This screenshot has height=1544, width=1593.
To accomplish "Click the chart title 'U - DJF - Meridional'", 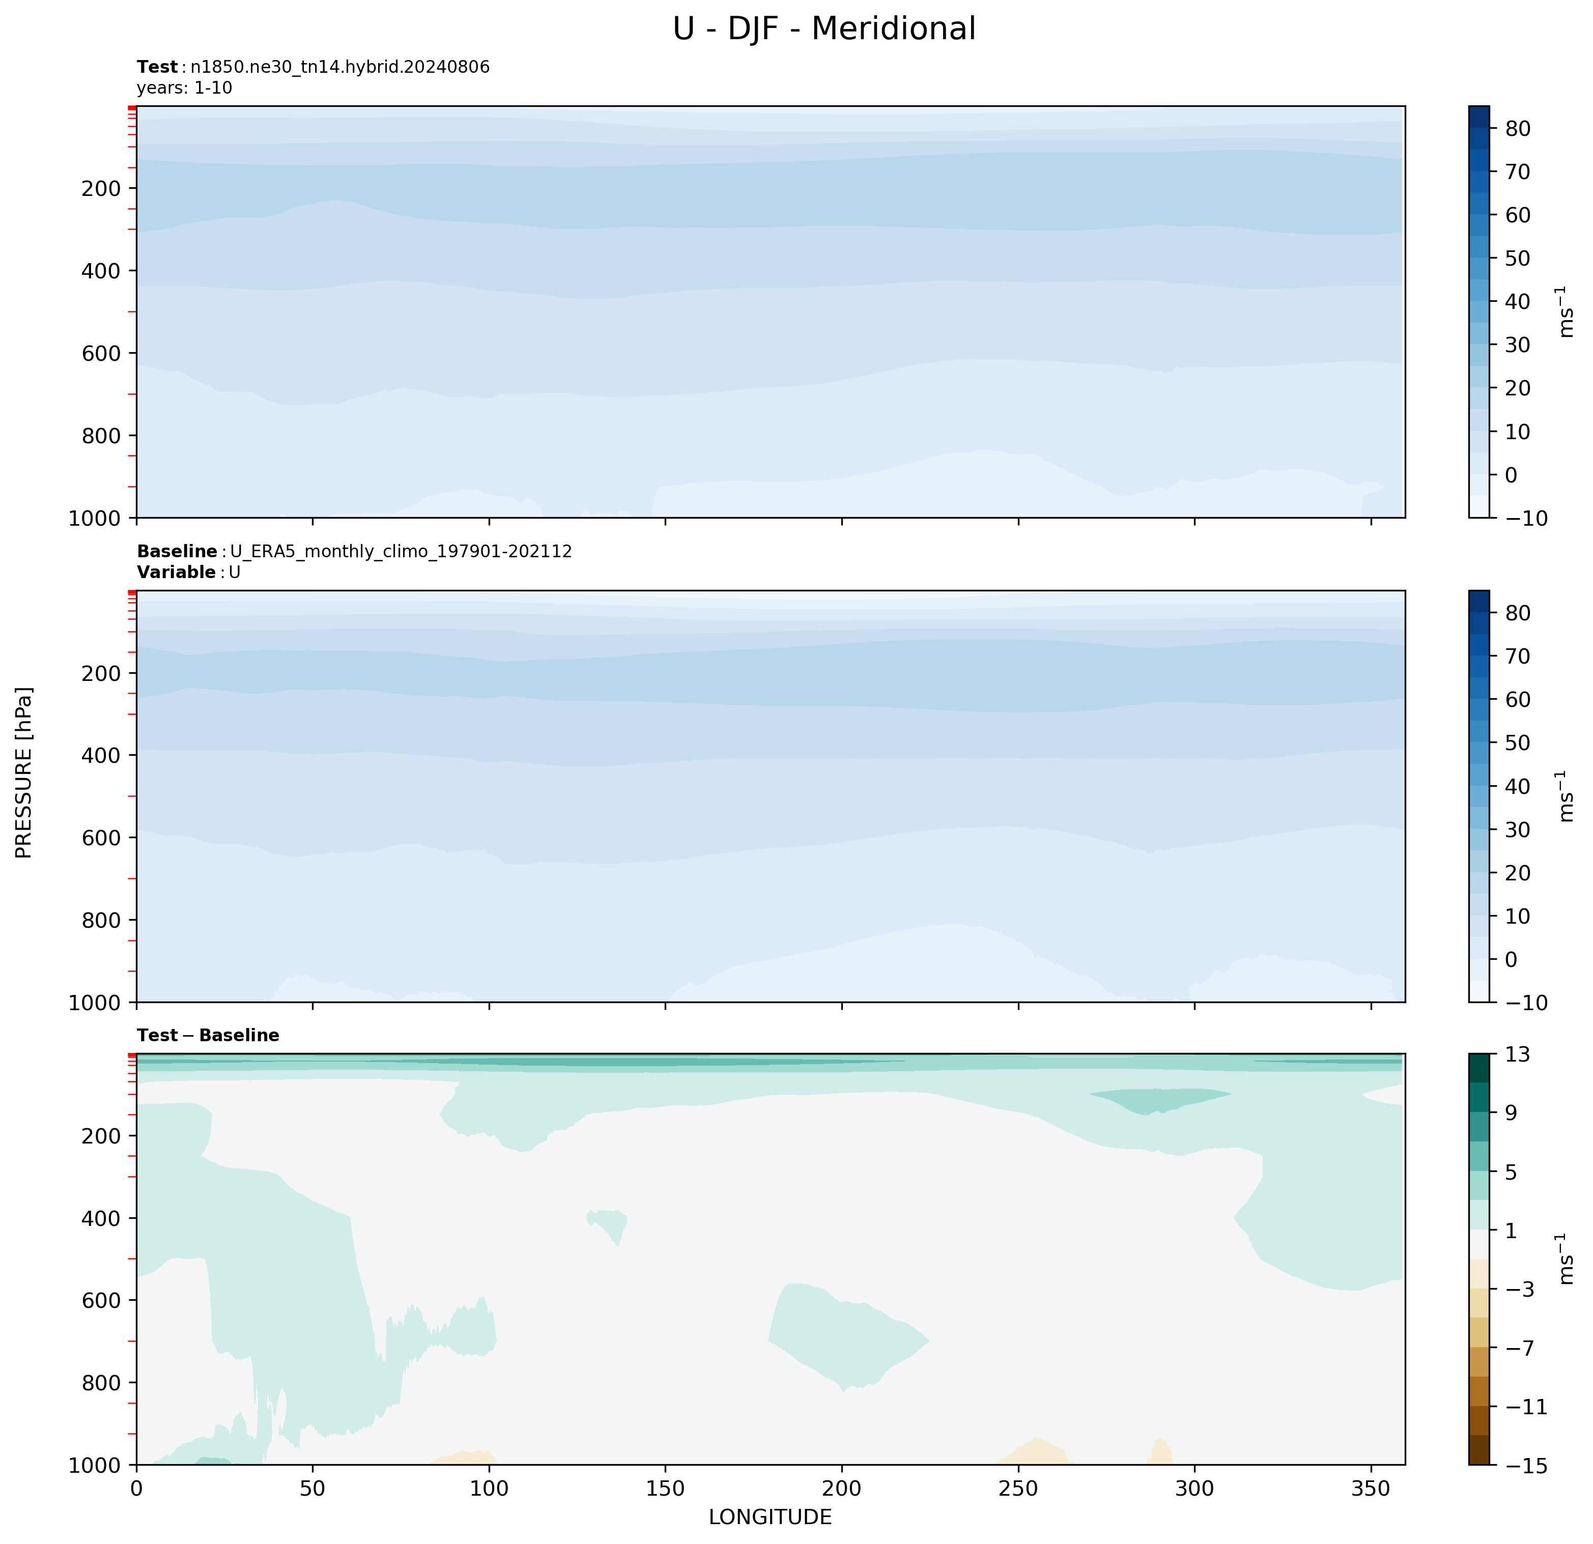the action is click(x=823, y=29).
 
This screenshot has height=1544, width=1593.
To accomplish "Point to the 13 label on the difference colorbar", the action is click(x=1517, y=1055).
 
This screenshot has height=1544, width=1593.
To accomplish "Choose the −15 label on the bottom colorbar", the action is click(x=1525, y=1465).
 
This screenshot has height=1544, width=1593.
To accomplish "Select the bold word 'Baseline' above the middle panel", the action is click(x=177, y=552).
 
